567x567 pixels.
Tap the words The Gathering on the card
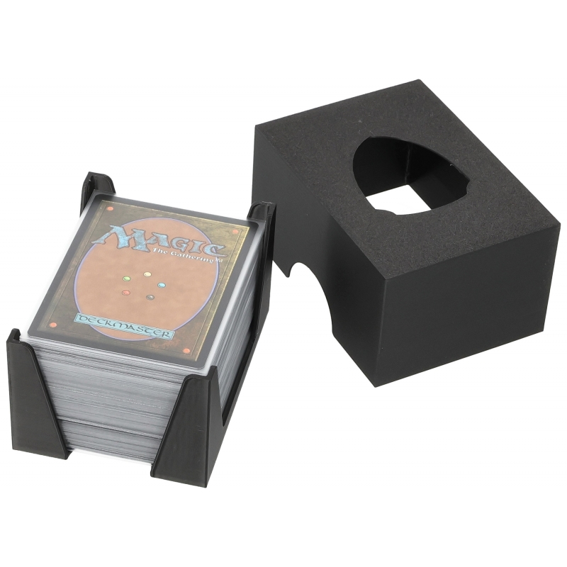pyautogui.click(x=184, y=256)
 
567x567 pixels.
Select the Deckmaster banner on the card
pyautogui.click(x=123, y=327)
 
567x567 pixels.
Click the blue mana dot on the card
pyautogui.click(x=162, y=286)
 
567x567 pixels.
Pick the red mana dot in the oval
pyautogui.click(x=126, y=293)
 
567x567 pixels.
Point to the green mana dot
pyautogui.click(x=127, y=279)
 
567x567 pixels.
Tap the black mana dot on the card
pyautogui.click(x=150, y=298)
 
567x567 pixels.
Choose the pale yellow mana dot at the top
pyautogui.click(x=147, y=274)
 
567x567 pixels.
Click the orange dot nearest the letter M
pyautogui.click(x=111, y=208)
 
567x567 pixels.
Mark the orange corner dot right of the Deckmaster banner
pyautogui.click(x=187, y=350)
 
